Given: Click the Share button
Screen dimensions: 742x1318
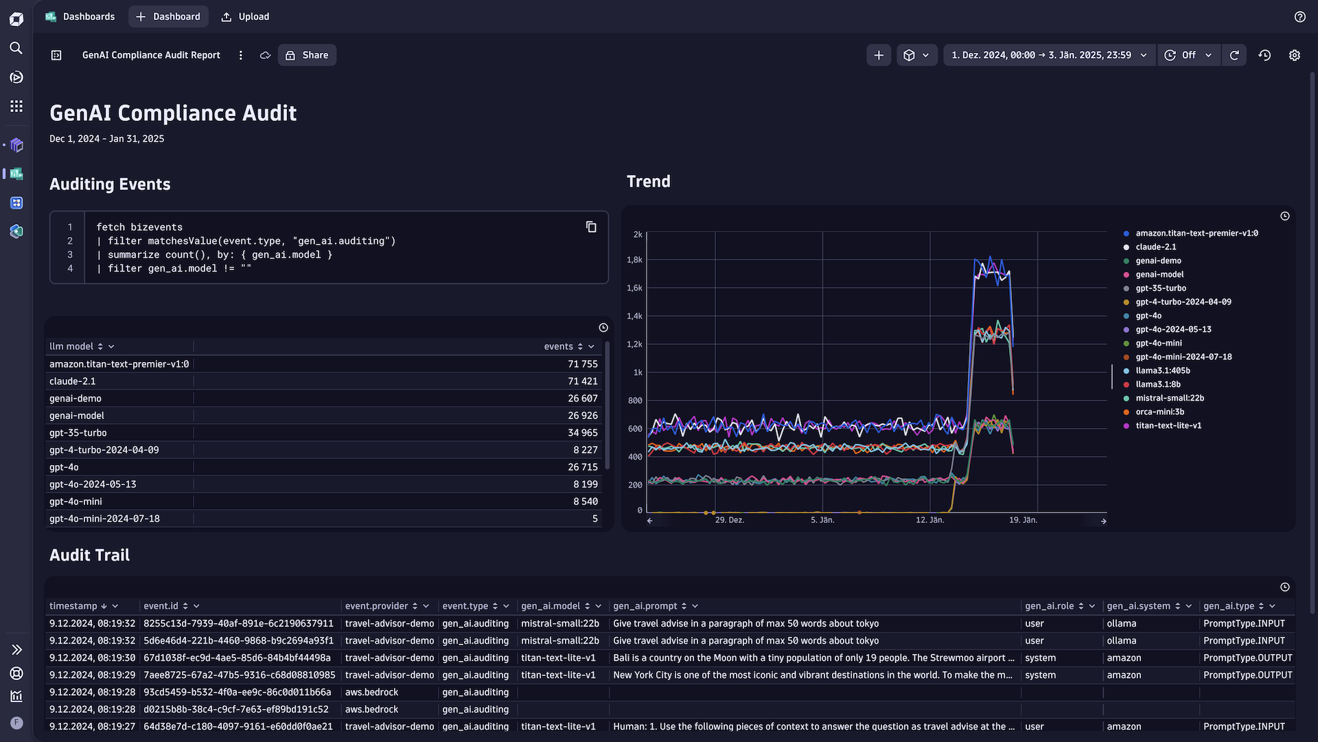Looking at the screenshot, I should (x=307, y=55).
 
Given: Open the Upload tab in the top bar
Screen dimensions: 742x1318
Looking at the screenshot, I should (x=245, y=16).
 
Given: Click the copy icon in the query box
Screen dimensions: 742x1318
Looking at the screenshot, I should (x=591, y=227).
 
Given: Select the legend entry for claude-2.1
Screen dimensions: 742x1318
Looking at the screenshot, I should (x=1155, y=247).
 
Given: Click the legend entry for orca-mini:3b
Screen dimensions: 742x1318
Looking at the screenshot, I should (x=1159, y=412).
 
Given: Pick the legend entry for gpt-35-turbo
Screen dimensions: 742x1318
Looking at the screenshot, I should (x=1160, y=288).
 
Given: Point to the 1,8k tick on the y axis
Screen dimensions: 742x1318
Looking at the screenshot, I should (x=634, y=260).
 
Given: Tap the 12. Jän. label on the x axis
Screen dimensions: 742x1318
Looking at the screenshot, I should (x=929, y=520).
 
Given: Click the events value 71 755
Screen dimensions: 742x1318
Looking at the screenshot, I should (x=582, y=364).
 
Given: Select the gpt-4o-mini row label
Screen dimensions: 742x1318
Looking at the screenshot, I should (x=76, y=502).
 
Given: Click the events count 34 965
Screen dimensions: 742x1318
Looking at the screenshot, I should (x=582, y=433).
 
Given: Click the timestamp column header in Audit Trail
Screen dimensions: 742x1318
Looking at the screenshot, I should (x=73, y=606).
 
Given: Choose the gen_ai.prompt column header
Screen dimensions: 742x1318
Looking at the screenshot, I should (x=645, y=606).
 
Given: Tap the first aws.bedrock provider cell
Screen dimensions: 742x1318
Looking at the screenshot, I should (x=371, y=692).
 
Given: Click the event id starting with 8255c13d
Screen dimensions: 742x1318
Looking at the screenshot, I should (x=238, y=623).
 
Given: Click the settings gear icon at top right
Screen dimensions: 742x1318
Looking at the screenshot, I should (x=1294, y=55).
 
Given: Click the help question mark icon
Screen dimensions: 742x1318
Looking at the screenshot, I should (x=1299, y=16).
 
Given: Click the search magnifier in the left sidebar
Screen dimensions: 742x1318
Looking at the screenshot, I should (x=16, y=48).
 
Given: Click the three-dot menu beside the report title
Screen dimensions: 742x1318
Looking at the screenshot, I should (x=240, y=55).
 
